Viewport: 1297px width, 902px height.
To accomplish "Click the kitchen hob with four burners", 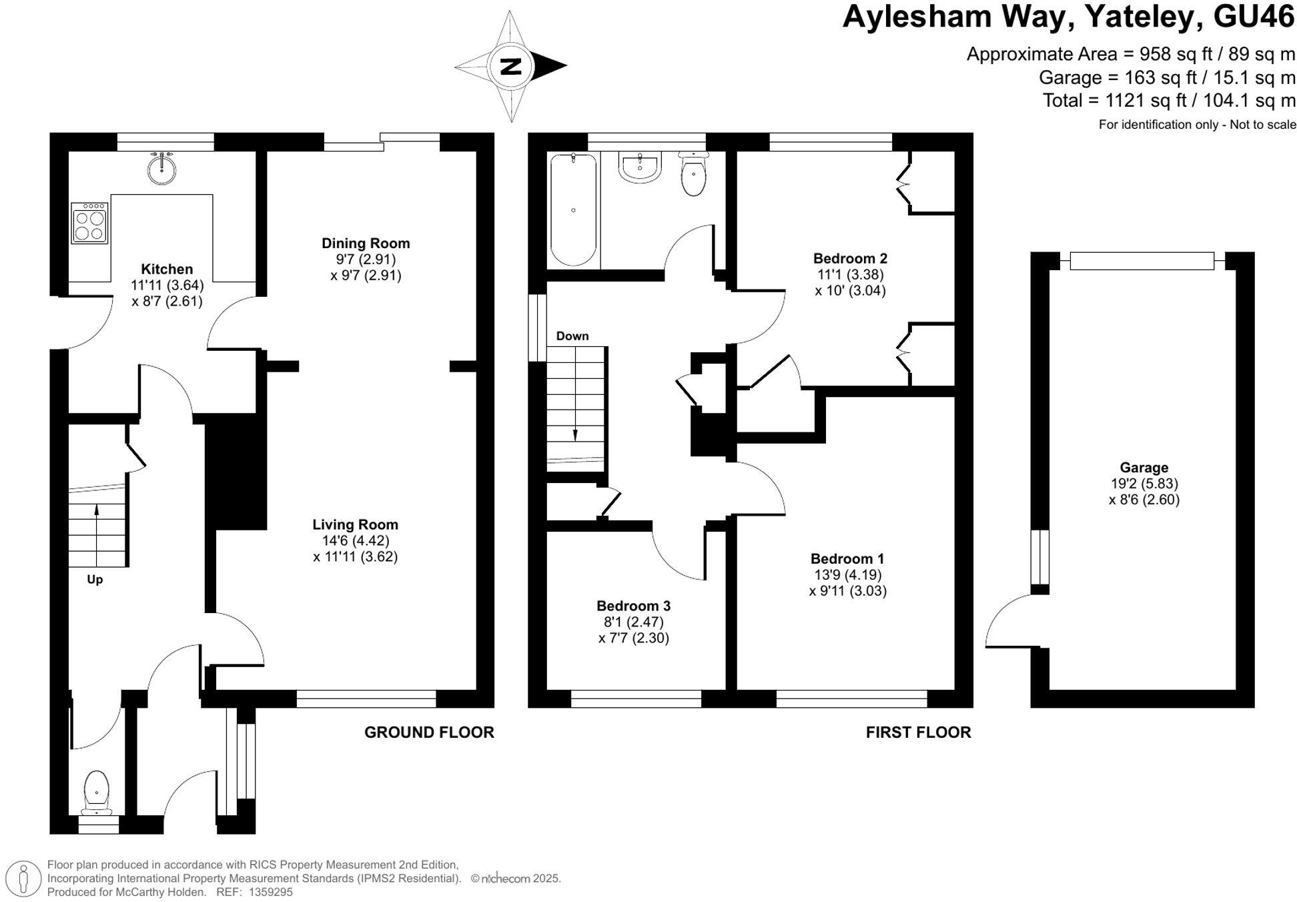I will click(89, 223).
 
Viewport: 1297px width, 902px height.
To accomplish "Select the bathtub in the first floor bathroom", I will click(573, 209).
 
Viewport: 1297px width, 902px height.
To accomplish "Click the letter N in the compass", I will click(511, 66).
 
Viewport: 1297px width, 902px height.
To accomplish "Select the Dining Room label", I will click(366, 244).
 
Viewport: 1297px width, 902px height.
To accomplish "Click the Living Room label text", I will click(355, 525).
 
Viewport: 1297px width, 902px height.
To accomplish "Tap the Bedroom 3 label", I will click(633, 606).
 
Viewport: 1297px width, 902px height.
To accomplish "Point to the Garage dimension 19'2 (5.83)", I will click(1144, 484).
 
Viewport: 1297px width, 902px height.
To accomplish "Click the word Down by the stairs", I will click(572, 336).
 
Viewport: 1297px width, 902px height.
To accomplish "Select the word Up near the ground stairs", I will click(95, 580).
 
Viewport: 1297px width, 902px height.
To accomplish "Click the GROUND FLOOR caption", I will click(429, 733).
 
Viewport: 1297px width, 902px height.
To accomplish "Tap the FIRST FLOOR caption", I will click(918, 733).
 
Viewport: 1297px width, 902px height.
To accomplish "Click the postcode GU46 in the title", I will click(1254, 17).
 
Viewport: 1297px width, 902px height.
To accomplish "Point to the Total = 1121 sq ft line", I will click(1169, 101).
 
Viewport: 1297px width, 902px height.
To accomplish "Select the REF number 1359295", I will click(270, 892).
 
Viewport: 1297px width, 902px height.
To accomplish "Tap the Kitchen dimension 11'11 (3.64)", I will click(167, 286).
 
